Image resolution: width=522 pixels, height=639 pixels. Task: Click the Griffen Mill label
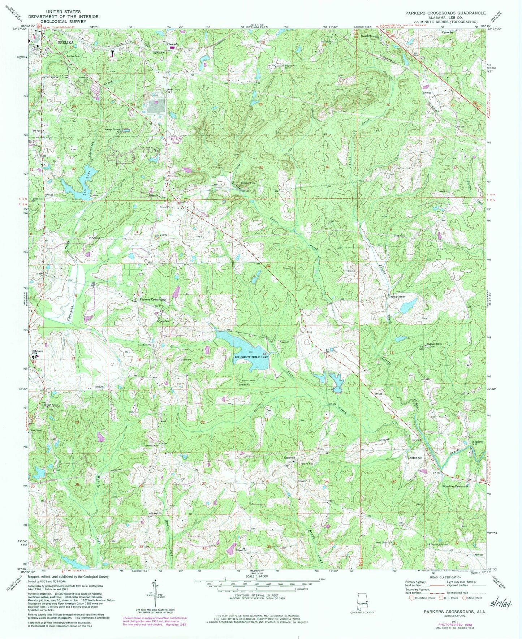point(415,458)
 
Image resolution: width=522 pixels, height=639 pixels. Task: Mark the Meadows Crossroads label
point(456,486)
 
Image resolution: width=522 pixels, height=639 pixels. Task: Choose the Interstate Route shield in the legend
point(411,598)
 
